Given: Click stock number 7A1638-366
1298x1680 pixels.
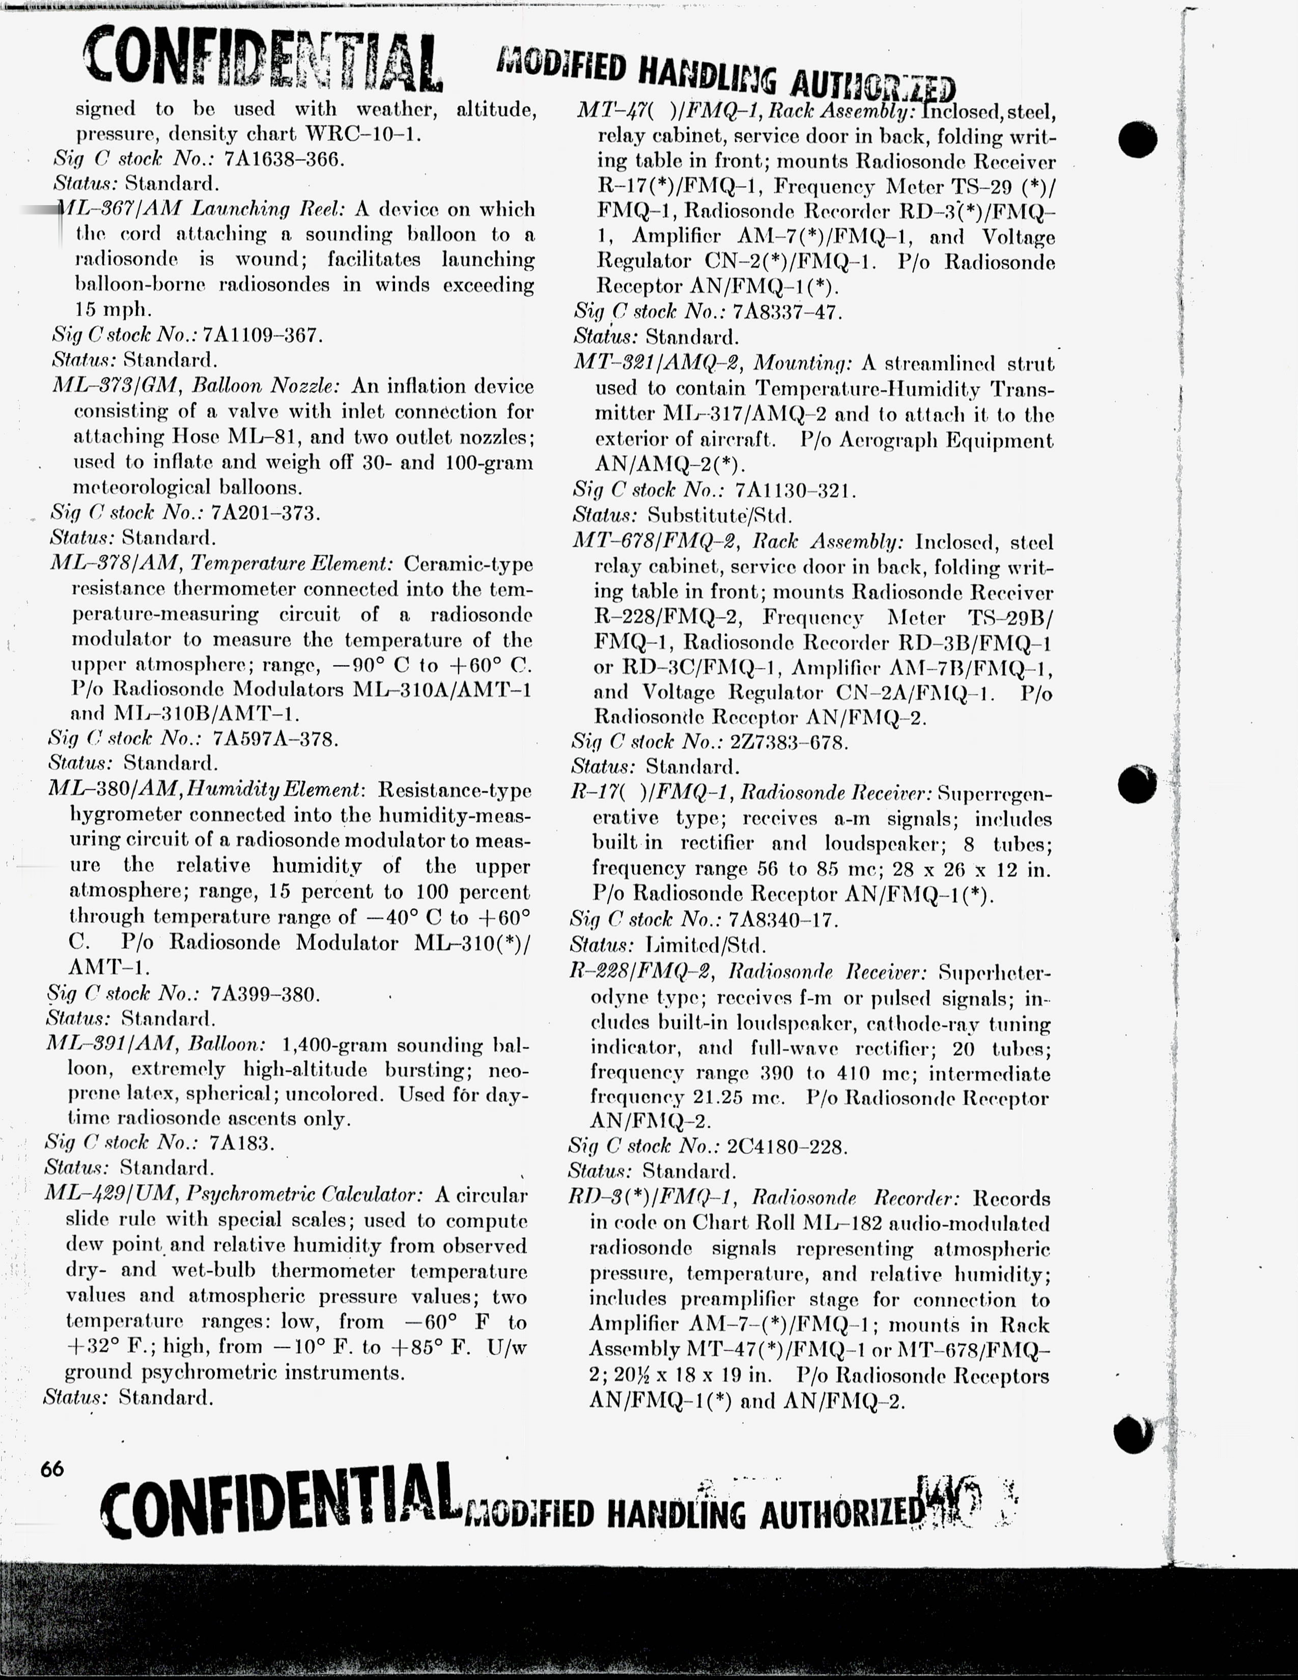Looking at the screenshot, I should (x=284, y=159).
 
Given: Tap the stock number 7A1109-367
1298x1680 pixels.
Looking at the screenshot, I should (x=262, y=335).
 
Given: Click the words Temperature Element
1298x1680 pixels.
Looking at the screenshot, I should (x=292, y=564).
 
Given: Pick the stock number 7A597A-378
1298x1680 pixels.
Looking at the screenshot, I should (x=275, y=739).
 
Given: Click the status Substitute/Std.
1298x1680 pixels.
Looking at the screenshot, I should (x=719, y=515).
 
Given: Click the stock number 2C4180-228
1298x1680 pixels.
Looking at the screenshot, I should (x=786, y=1147).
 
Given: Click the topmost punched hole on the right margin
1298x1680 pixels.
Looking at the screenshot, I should (x=1138, y=138).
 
